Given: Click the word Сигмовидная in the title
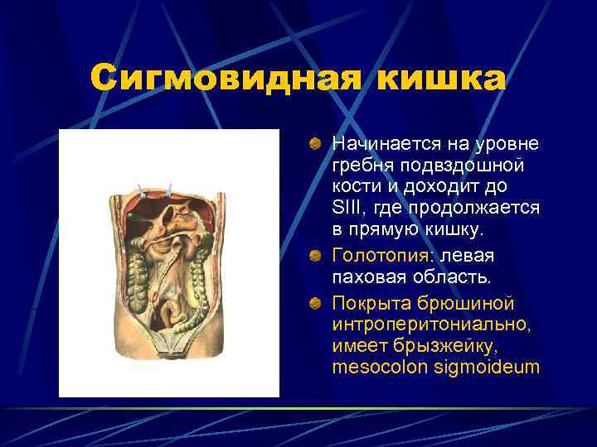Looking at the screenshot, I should point(225,79).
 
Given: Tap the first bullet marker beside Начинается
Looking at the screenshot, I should point(316,145).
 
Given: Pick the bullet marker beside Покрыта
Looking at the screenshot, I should point(316,305).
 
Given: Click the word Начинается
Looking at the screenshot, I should point(381,144).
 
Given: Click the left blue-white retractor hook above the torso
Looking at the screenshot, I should point(147,191).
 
